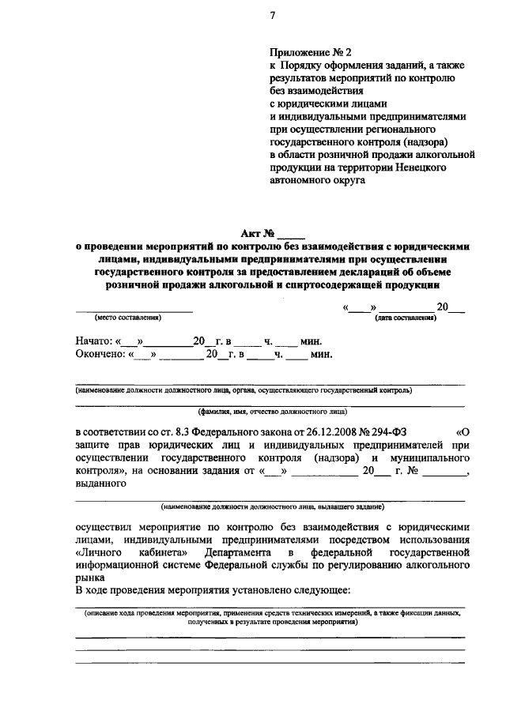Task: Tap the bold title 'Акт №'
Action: [258, 232]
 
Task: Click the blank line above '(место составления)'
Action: [134, 311]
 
